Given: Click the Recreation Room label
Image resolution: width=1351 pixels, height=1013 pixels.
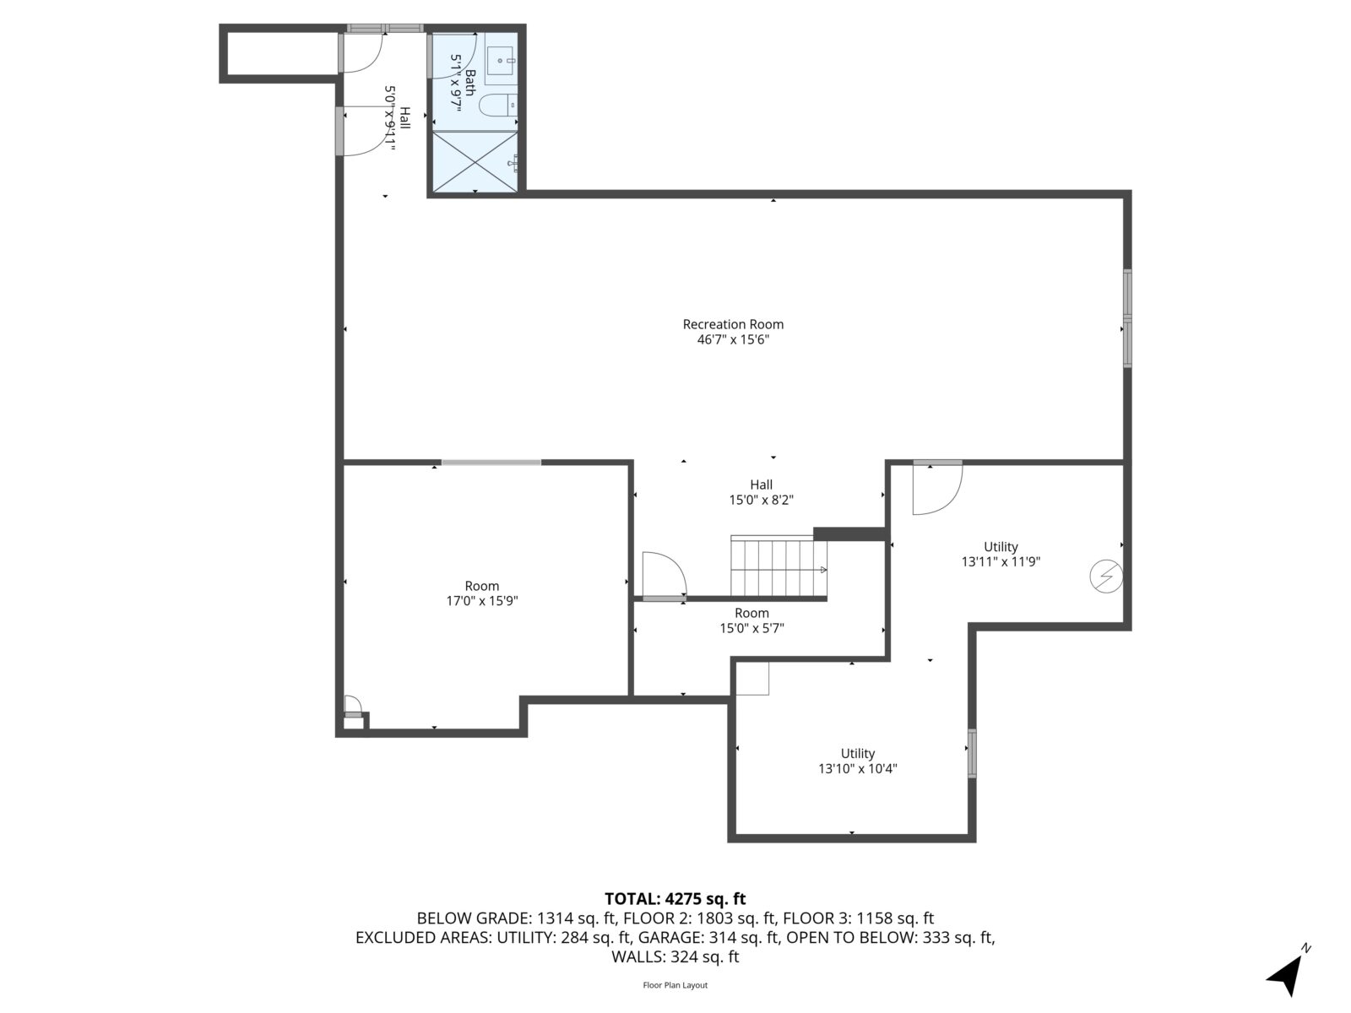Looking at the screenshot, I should pyautogui.click(x=733, y=324).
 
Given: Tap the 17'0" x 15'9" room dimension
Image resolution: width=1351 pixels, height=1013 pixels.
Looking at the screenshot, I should pyautogui.click(x=481, y=601).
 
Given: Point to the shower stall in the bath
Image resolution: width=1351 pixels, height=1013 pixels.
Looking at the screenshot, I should pyautogui.click(x=475, y=161).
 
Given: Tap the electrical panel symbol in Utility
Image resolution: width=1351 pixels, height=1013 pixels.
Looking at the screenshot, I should pyautogui.click(x=1104, y=577).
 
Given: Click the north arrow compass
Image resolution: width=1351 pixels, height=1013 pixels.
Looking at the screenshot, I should pyautogui.click(x=1287, y=974).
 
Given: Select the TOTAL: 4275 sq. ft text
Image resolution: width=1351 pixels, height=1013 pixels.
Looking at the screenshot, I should pyautogui.click(x=675, y=899).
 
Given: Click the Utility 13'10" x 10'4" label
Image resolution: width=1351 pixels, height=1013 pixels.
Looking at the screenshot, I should pyautogui.click(x=857, y=761).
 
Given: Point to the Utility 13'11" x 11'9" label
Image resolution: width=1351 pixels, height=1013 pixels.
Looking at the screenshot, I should pyautogui.click(x=1001, y=554).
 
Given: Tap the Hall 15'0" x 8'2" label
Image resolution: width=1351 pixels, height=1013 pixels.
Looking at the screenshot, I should pyautogui.click(x=761, y=492).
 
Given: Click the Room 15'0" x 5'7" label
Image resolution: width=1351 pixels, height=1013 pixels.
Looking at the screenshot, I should pyautogui.click(x=751, y=620).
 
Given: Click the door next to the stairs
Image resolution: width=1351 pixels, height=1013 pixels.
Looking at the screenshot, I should pyautogui.click(x=665, y=576).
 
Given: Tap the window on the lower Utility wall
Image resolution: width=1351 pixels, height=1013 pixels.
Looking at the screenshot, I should pyautogui.click(x=972, y=753).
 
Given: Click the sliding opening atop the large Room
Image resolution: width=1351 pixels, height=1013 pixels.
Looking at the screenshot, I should pyautogui.click(x=491, y=463).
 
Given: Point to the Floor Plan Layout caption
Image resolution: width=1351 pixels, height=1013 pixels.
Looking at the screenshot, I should pyautogui.click(x=675, y=985).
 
